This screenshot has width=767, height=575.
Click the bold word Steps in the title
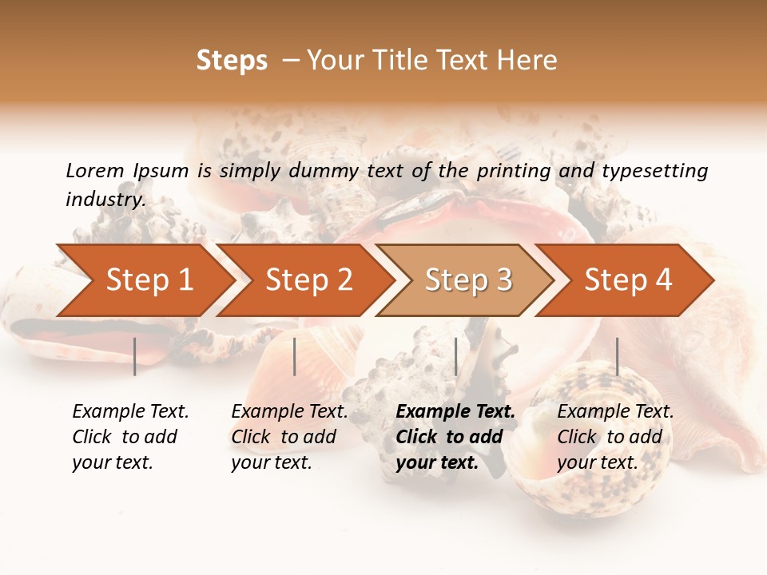click(232, 61)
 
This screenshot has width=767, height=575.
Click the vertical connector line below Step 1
click(135, 356)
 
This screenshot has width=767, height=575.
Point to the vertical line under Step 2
click(295, 356)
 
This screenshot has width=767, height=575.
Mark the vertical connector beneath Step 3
click(455, 356)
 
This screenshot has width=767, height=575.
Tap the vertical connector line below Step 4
click(617, 356)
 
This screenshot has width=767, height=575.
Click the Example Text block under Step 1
click(129, 437)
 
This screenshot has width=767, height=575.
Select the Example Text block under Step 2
click(288, 437)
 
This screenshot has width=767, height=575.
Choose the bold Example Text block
click(455, 437)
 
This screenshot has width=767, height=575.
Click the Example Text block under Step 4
click(614, 437)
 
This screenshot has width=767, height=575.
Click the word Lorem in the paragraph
click(95, 170)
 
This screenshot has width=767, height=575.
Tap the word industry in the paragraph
click(105, 199)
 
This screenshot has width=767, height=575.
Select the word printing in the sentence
click(514, 170)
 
